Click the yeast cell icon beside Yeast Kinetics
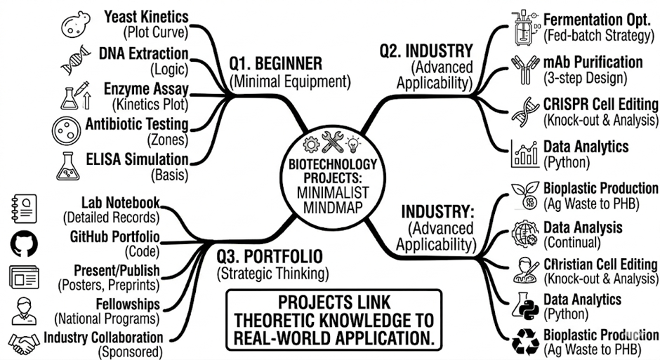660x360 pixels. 76,25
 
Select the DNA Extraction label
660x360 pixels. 143,54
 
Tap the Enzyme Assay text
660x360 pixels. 146,89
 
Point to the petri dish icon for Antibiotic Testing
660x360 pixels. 66,131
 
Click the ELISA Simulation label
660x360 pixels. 137,159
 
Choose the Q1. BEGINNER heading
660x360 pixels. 276,63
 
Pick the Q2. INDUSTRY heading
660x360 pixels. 426,51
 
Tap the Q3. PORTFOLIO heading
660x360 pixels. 270,256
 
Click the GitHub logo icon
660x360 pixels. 24,244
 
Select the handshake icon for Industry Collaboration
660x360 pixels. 24,344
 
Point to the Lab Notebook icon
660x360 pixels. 24,208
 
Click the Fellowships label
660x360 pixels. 128,304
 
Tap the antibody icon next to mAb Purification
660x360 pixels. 525,69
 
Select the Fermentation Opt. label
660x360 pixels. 596,20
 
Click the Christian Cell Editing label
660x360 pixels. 600,265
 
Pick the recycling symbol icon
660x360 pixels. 525,341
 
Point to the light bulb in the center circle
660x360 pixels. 352,144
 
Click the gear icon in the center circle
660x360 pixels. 311,145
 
